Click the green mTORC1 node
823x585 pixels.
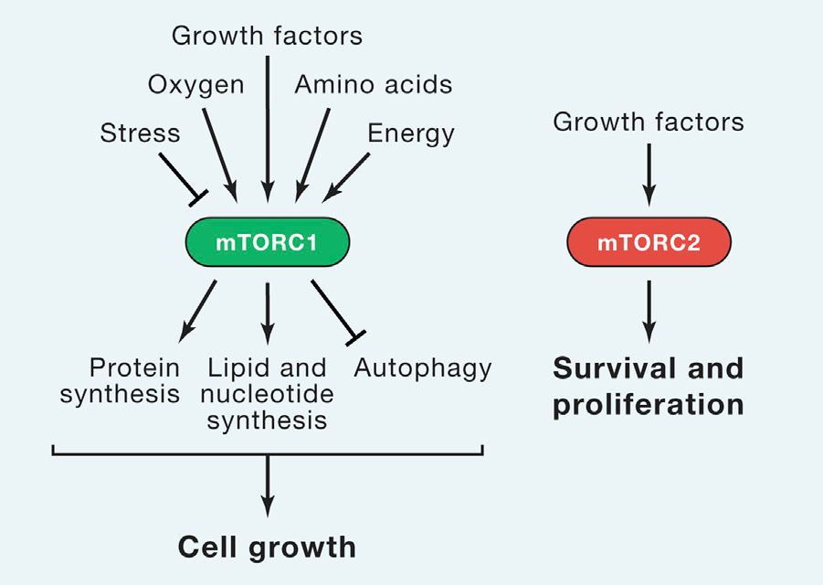(267, 242)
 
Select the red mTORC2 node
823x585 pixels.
(649, 242)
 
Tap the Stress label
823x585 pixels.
(140, 133)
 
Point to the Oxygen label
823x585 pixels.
(195, 85)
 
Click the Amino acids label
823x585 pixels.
(374, 84)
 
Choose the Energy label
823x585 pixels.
(411, 133)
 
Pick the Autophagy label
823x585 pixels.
(423, 368)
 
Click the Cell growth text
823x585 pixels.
(267, 548)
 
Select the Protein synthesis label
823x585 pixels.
(120, 381)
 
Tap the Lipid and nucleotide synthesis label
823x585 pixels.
(267, 394)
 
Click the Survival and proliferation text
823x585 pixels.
(649, 387)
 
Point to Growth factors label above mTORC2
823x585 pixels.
(649, 122)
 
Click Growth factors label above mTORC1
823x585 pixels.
(267, 36)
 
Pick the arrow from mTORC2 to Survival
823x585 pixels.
(649, 312)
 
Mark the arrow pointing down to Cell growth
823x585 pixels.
(268, 486)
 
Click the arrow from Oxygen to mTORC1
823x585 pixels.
(220, 155)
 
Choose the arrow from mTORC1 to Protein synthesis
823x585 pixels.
(197, 312)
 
